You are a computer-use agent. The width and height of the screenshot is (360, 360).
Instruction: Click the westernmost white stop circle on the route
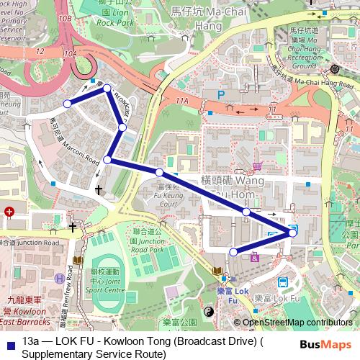pos(68,104)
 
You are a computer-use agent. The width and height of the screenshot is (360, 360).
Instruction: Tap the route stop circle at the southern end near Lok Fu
pos(233,251)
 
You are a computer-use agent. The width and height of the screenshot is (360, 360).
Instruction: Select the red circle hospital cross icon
pos(9,212)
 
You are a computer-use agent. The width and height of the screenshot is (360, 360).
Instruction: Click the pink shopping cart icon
pos(257,166)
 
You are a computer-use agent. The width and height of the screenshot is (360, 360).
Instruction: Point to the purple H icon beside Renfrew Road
pos(59,279)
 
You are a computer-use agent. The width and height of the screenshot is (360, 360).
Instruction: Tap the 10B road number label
pos(66,17)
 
